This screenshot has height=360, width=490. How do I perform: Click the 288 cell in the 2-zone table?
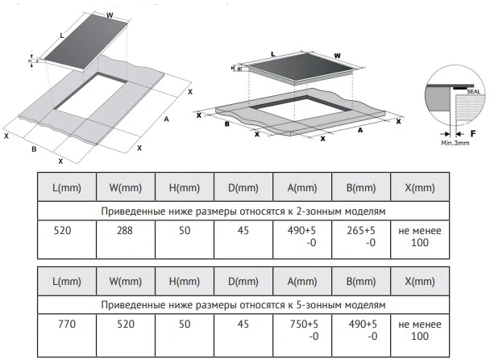click(125, 231)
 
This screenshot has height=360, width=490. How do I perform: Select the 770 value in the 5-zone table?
click(67, 324)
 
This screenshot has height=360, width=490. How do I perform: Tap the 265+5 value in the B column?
click(361, 231)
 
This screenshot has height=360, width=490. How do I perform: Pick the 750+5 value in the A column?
click(304, 324)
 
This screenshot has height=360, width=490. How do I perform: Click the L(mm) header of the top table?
click(67, 188)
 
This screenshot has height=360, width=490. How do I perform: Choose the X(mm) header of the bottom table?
click(420, 282)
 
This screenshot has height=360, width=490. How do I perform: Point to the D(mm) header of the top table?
click(243, 188)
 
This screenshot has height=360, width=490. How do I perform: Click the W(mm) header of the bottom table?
click(126, 282)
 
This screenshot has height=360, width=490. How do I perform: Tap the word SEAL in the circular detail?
click(473, 92)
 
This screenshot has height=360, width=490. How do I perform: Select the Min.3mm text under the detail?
click(455, 143)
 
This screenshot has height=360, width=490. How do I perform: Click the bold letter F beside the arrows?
click(473, 134)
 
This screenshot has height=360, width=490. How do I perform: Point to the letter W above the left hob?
click(110, 15)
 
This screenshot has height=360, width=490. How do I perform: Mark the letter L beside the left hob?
click(62, 36)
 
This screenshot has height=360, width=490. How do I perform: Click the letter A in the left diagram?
click(166, 119)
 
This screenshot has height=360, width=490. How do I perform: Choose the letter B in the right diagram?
click(227, 124)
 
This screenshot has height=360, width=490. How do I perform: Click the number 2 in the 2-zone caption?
click(298, 211)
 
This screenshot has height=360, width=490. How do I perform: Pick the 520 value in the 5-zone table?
click(126, 324)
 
